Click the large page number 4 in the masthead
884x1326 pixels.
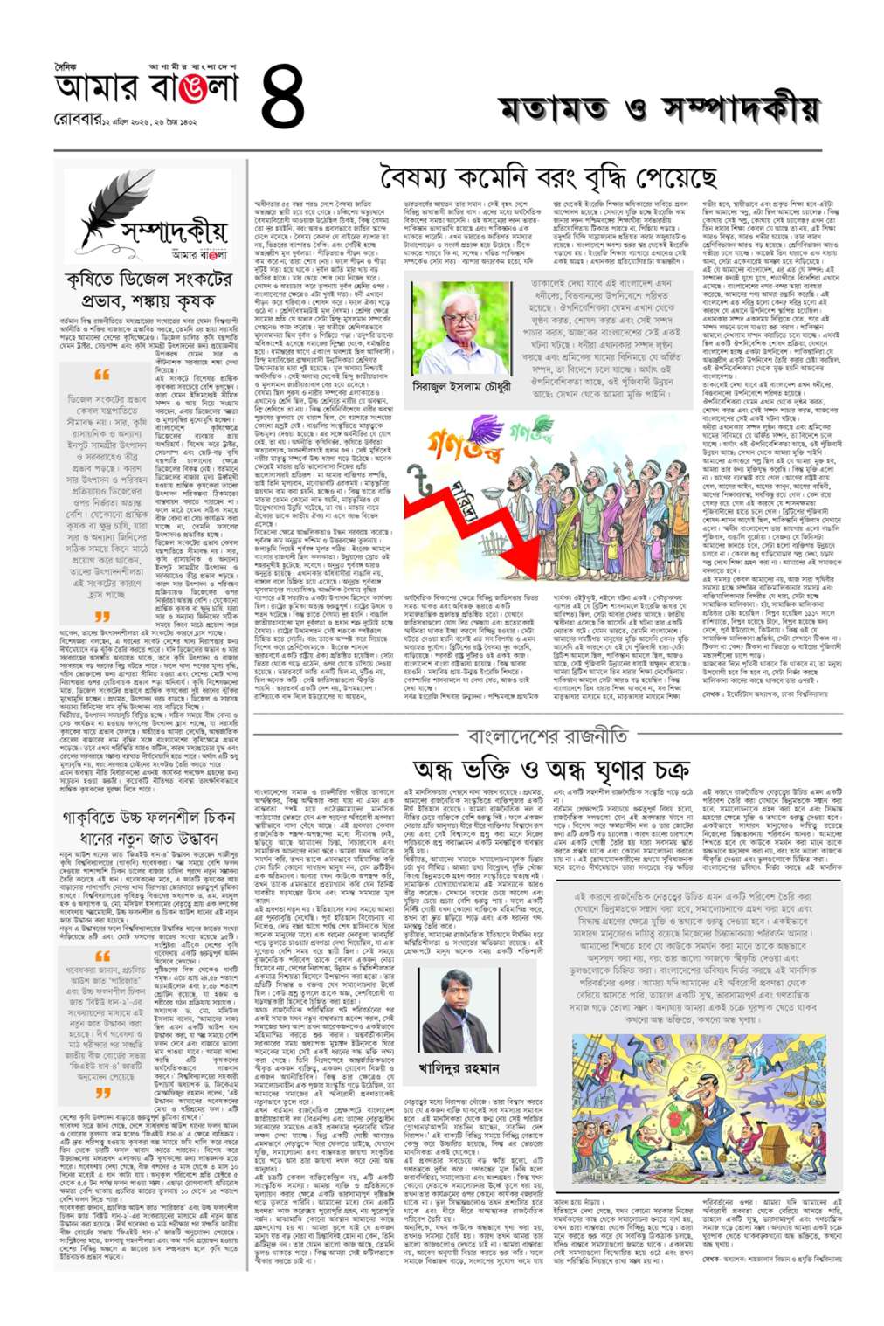[282, 97]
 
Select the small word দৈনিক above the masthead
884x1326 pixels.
[65, 66]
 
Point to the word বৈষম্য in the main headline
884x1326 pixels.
[419, 178]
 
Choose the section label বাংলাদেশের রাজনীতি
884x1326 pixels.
[547, 736]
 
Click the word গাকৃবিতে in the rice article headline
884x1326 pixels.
[95, 818]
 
